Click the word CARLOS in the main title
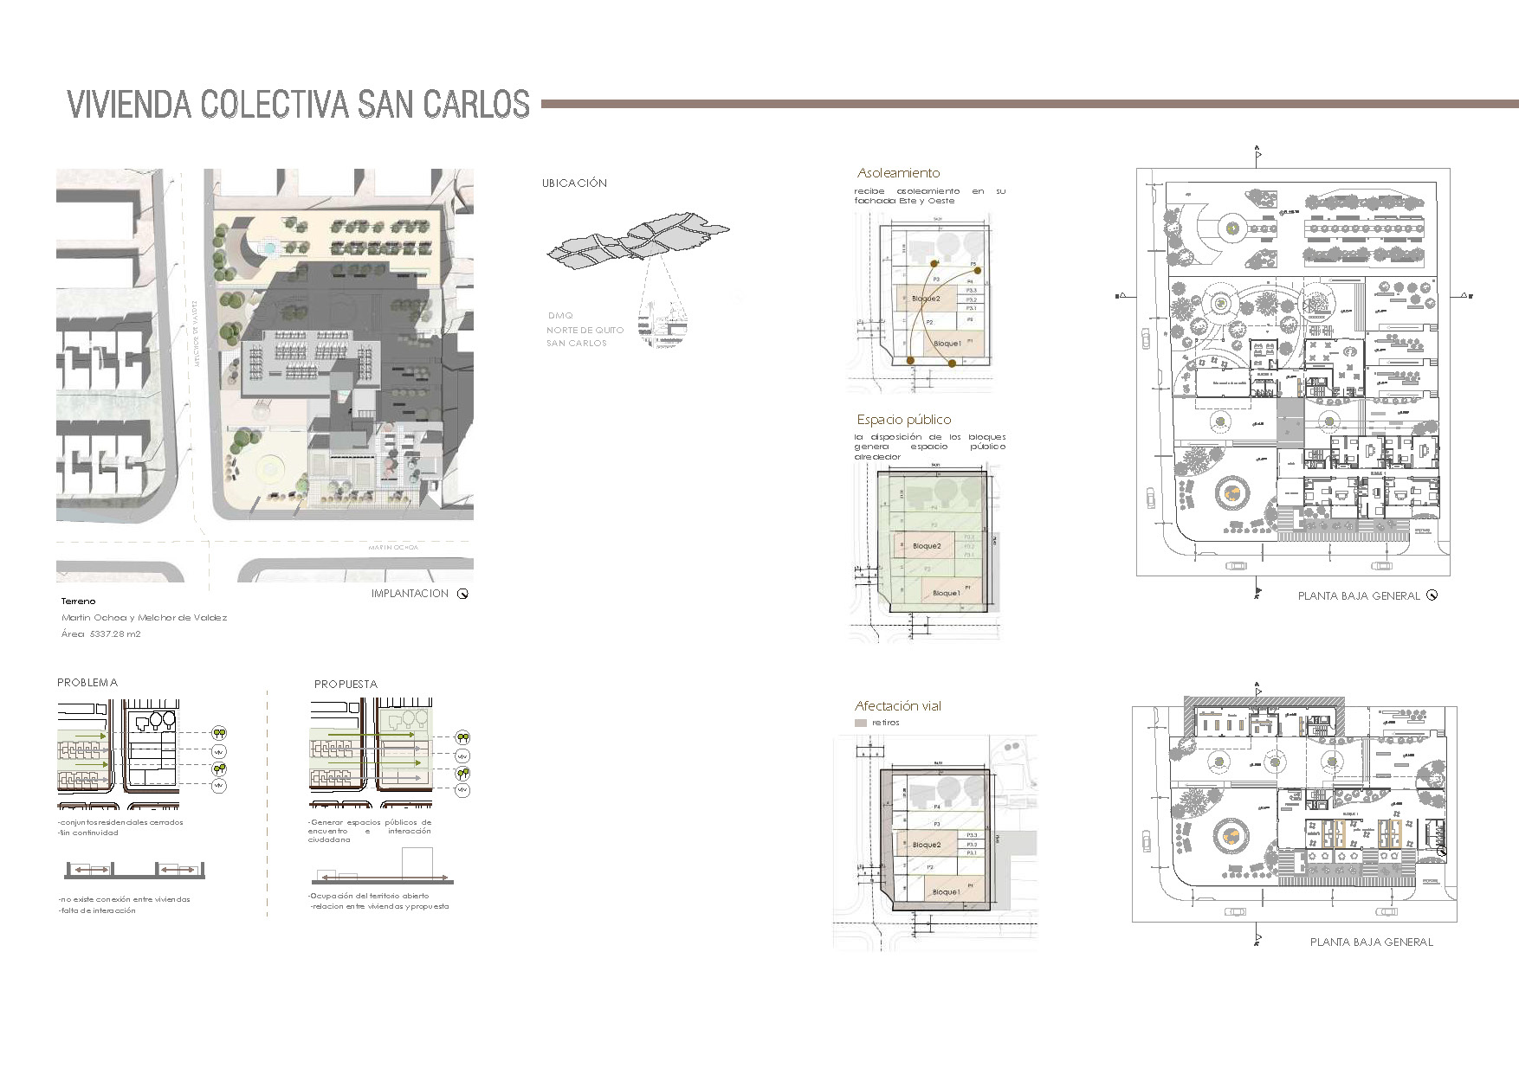pyautogui.click(x=476, y=104)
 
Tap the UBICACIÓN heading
pyautogui.click(x=574, y=183)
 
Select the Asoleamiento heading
pyautogui.click(x=898, y=173)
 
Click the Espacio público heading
pyautogui.click(x=903, y=420)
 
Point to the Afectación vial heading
pyautogui.click(x=897, y=706)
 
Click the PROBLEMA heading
pyautogui.click(x=87, y=683)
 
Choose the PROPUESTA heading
pyautogui.click(x=346, y=684)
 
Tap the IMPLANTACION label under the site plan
pyautogui.click(x=410, y=594)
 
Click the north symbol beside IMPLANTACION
pyautogui.click(x=462, y=594)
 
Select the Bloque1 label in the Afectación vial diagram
pyautogui.click(x=946, y=892)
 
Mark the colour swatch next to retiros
pyautogui.click(x=860, y=723)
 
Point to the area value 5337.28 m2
pyautogui.click(x=114, y=634)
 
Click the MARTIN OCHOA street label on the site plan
pyautogui.click(x=392, y=548)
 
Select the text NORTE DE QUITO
pyautogui.click(x=585, y=331)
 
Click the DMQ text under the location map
pyautogui.click(x=560, y=316)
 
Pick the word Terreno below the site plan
pyautogui.click(x=79, y=601)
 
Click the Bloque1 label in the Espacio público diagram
pyautogui.click(x=946, y=594)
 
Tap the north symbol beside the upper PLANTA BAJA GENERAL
pyautogui.click(x=1432, y=595)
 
